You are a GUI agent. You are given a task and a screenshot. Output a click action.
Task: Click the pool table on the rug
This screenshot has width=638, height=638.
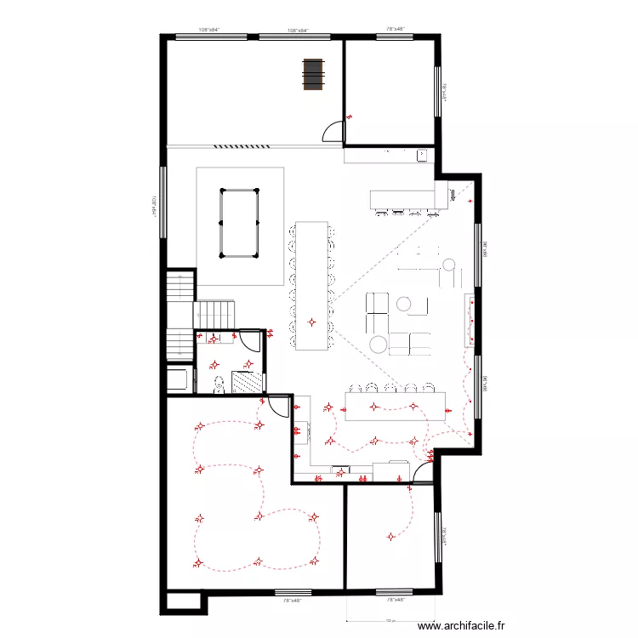pyautogui.click(x=238, y=223)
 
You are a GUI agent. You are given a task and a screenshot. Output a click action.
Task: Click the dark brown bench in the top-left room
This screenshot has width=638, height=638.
pyautogui.click(x=313, y=73)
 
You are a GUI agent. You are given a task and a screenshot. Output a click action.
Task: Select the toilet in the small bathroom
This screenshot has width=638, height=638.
pyautogui.click(x=219, y=385)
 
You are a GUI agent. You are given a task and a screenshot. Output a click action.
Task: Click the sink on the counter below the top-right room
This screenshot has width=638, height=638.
pyautogui.click(x=421, y=155)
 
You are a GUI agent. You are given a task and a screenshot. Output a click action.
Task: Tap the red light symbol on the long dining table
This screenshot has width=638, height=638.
pyautogui.click(x=312, y=322)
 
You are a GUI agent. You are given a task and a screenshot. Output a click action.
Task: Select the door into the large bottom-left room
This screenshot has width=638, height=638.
pyautogui.click(x=277, y=405)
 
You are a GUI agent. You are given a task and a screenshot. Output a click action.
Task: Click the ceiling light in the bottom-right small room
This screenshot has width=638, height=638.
pyautogui.click(x=390, y=536)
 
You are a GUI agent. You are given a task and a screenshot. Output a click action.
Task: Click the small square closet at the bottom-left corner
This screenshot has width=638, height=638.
pyautogui.click(x=182, y=601)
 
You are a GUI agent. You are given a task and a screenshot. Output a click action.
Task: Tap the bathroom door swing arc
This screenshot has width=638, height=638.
pyautogui.click(x=249, y=340)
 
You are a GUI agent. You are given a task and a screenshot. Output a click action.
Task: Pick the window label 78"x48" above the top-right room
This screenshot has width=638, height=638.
pyautogui.click(x=395, y=29)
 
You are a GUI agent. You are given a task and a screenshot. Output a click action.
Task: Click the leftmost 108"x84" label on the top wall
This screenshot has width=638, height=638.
pyautogui.click(x=210, y=29)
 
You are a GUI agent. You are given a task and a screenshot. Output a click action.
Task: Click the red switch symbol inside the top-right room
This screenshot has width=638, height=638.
pyautogui.click(x=350, y=117)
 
